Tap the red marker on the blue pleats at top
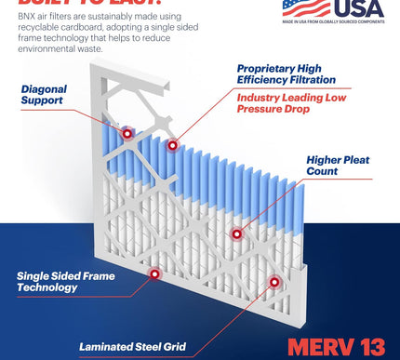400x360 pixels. [x=172, y=145]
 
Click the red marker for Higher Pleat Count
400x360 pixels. [x=236, y=233]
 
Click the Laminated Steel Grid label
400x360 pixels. [x=133, y=347]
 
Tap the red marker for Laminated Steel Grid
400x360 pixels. [x=273, y=282]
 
